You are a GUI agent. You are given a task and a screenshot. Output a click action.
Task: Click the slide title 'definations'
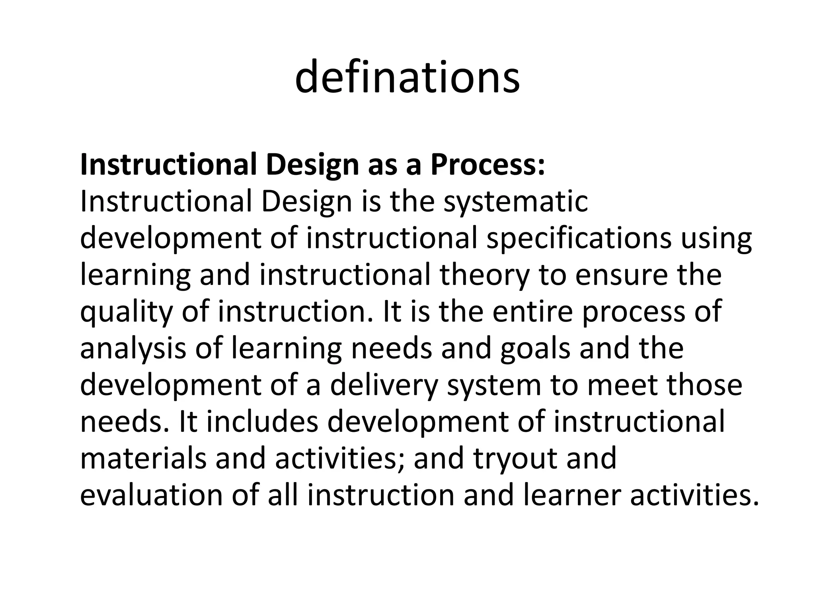click(407, 77)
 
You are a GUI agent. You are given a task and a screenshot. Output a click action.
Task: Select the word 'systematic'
click(516, 202)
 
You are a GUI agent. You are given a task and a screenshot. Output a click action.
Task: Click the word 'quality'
click(127, 312)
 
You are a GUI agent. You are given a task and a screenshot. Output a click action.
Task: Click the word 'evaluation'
click(151, 495)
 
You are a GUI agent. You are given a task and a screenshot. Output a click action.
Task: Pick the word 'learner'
click(572, 495)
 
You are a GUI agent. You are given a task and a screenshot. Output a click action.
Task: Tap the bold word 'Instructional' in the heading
click(168, 165)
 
